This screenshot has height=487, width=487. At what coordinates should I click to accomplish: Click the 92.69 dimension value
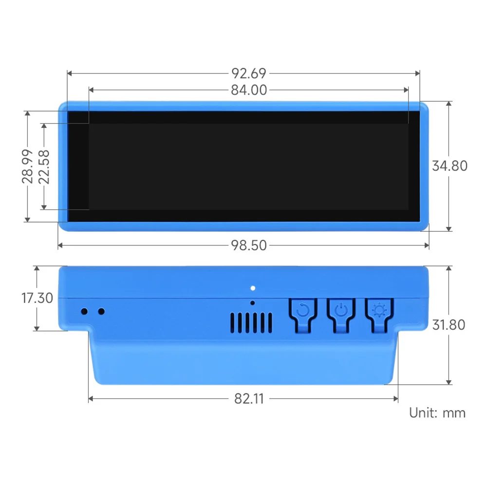click(249, 74)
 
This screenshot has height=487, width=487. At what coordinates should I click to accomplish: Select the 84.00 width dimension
click(249, 90)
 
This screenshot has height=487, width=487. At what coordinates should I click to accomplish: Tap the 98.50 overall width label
click(249, 245)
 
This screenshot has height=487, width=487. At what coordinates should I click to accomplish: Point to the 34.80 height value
click(450, 166)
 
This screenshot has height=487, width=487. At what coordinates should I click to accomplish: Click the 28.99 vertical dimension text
click(28, 166)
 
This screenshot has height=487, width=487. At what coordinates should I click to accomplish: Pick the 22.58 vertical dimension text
click(44, 166)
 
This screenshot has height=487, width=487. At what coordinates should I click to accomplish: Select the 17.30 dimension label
click(37, 298)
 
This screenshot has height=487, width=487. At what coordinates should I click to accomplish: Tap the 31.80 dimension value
click(449, 324)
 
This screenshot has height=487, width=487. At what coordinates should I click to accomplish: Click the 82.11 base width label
click(249, 399)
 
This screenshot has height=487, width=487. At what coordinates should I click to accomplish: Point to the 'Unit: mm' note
click(437, 413)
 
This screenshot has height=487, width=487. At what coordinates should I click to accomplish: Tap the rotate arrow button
click(302, 310)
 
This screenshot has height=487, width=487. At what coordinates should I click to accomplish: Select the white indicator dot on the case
click(252, 287)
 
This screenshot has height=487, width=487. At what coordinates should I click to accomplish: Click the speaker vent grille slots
click(251, 322)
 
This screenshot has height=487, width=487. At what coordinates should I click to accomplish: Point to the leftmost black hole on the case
click(84, 311)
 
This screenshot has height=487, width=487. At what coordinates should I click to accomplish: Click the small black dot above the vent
click(252, 303)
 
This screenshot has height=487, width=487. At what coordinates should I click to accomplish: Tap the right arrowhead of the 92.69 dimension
click(417, 74)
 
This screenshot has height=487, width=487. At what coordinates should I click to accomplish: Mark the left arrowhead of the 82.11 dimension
click(91, 399)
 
